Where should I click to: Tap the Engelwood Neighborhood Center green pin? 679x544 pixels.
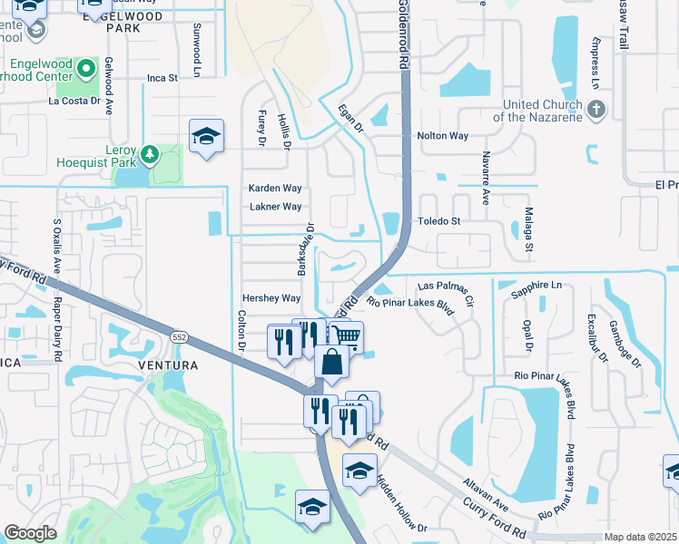(86, 68)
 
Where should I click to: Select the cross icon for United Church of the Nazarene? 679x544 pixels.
(595, 111)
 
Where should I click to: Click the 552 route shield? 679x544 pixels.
(178, 336)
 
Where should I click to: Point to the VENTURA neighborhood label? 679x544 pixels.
(167, 365)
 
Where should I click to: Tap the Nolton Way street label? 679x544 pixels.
(442, 136)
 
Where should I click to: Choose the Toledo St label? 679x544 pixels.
(439, 221)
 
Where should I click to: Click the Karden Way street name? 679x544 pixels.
(275, 189)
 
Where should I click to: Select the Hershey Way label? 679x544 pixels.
(271, 298)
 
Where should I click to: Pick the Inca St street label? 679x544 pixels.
(162, 78)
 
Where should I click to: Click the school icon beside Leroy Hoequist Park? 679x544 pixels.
(206, 137)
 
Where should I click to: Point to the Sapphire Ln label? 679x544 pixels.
(536, 286)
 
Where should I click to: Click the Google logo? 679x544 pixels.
(31, 532)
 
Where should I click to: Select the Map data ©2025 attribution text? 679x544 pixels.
(641, 537)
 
